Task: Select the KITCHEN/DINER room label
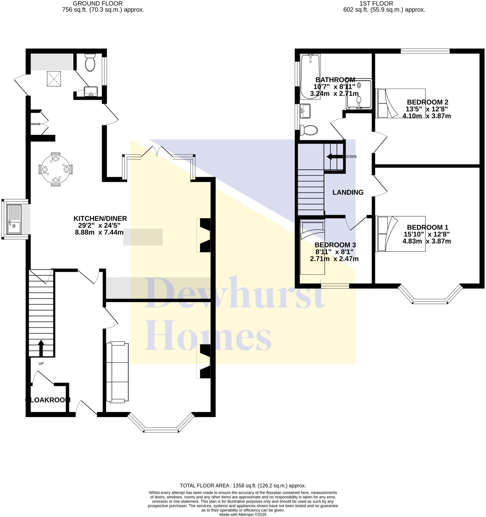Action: click(100, 218)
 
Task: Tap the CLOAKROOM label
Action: click(48, 400)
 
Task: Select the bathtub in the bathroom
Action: click(310, 76)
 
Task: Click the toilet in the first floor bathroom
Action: click(309, 130)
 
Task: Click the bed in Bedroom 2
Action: click(400, 103)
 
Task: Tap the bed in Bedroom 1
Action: click(400, 233)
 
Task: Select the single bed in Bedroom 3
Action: click(312, 247)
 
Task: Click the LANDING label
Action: click(348, 192)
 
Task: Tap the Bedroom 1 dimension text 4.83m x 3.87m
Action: click(426, 241)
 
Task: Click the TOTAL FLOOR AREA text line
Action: click(243, 486)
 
